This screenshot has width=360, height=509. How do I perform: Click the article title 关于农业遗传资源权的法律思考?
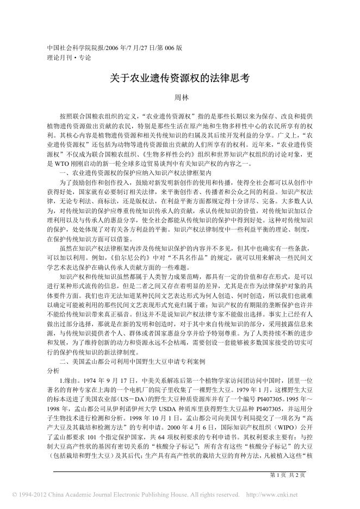pyautogui.click(x=179, y=78)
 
